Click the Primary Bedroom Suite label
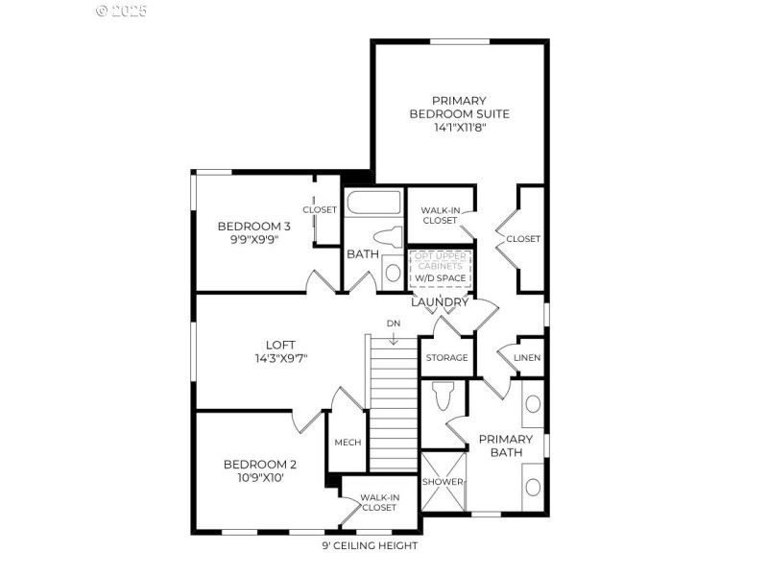459,108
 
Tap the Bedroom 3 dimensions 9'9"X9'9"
253,240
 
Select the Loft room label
280,345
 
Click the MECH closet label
347,443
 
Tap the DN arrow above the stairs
393,337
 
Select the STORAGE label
446,358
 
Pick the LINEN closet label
527,358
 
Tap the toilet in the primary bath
443,396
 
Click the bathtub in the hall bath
373,203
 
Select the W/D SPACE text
440,278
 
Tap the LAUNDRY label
440,302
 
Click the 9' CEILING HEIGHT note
370,545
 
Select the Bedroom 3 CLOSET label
320,209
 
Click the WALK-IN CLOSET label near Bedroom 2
378,502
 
